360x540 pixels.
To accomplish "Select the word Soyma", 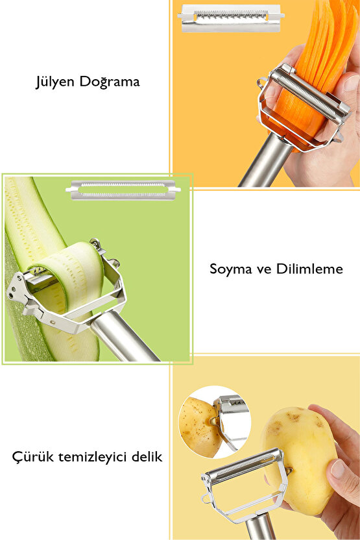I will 230,269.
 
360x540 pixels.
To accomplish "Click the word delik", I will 147,457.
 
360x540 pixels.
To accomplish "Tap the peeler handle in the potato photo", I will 259,526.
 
